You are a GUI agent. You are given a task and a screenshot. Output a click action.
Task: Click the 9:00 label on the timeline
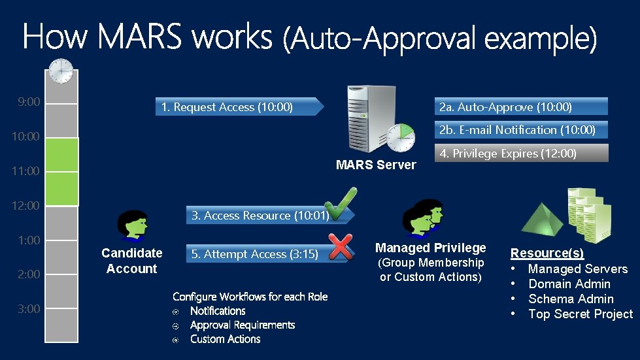coord(29,102)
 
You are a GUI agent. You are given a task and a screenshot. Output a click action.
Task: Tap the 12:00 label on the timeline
coord(26,205)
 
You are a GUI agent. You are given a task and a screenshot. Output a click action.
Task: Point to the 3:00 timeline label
coord(28,308)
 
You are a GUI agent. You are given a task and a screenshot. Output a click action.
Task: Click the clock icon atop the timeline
coord(61,71)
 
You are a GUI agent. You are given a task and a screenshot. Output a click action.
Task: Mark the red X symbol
coord(340,246)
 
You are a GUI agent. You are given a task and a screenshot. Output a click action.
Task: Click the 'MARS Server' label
coord(376,165)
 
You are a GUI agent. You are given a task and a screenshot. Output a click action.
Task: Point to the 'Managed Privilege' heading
coord(431,248)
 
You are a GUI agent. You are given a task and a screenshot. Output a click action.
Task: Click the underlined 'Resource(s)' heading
coord(547,253)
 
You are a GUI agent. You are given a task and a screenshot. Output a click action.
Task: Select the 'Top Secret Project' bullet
coord(580,314)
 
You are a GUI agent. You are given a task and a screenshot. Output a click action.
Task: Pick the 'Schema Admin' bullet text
coord(571,299)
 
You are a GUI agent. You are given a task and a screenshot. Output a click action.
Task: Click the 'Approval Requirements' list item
coord(243,325)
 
